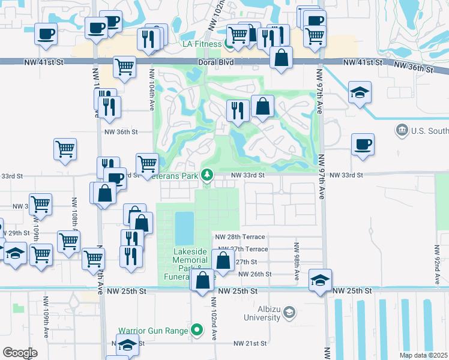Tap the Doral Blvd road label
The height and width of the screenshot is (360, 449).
point(214,62)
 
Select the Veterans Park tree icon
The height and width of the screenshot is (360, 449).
point(208,175)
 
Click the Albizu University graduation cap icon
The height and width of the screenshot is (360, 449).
point(290,312)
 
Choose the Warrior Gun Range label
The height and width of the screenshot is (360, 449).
point(154,330)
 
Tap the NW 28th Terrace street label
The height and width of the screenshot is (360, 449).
point(241,238)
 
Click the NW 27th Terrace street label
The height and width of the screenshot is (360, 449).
point(243,249)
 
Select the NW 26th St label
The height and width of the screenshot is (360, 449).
point(255,274)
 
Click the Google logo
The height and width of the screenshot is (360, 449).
point(20,353)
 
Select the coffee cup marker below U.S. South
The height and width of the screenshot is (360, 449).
point(363,145)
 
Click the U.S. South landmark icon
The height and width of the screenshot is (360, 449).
point(402,130)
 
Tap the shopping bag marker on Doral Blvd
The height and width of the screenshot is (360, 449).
point(281,58)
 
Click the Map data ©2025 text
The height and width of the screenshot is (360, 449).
point(423,355)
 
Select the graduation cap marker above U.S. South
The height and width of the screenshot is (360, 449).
point(360,92)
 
